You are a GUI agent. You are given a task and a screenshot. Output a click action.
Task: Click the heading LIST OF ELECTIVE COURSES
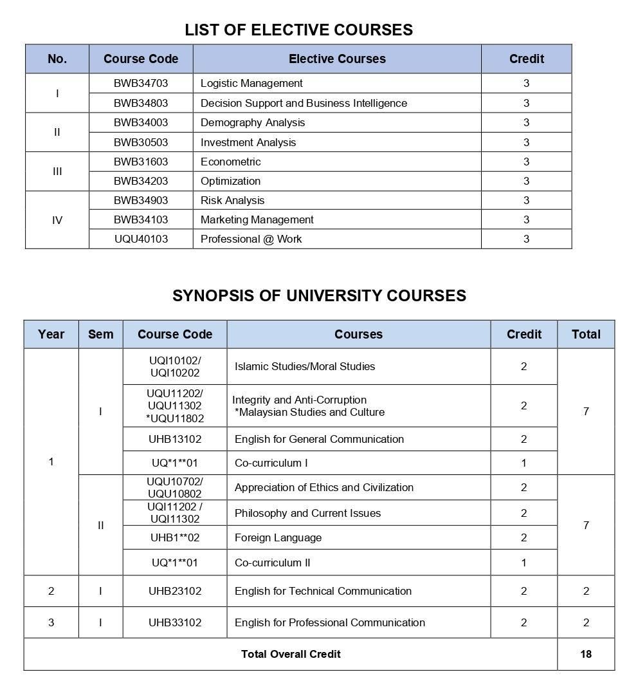[298, 30]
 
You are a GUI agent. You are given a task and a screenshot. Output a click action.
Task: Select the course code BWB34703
[141, 83]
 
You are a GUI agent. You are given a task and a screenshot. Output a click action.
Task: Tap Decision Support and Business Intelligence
[304, 103]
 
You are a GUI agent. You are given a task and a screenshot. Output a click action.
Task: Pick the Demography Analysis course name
[253, 122]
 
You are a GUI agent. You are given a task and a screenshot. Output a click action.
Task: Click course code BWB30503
[141, 142]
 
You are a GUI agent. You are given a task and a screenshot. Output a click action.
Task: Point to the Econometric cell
[230, 162]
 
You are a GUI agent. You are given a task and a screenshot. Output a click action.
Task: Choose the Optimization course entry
[230, 181]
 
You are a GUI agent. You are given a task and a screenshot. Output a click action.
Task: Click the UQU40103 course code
[141, 239]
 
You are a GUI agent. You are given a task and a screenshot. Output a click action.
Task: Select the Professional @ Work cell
[251, 239]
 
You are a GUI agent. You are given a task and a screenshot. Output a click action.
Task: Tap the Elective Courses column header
[337, 59]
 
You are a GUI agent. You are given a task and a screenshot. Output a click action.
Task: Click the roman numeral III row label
[57, 171]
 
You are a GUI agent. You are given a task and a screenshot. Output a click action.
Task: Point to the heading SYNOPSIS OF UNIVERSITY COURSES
[319, 295]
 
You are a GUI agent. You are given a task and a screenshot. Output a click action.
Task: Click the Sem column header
[100, 334]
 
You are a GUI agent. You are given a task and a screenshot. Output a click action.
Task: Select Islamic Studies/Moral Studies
[304, 366]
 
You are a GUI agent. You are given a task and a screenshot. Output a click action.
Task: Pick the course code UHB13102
[175, 439]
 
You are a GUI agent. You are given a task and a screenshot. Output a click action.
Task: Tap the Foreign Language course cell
[278, 537]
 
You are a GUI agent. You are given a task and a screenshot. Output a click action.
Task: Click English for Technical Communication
[323, 591]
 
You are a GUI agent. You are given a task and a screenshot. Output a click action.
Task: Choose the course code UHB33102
[175, 622]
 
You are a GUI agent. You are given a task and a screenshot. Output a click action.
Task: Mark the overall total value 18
[585, 654]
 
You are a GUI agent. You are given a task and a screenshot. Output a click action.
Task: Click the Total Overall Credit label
[291, 654]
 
